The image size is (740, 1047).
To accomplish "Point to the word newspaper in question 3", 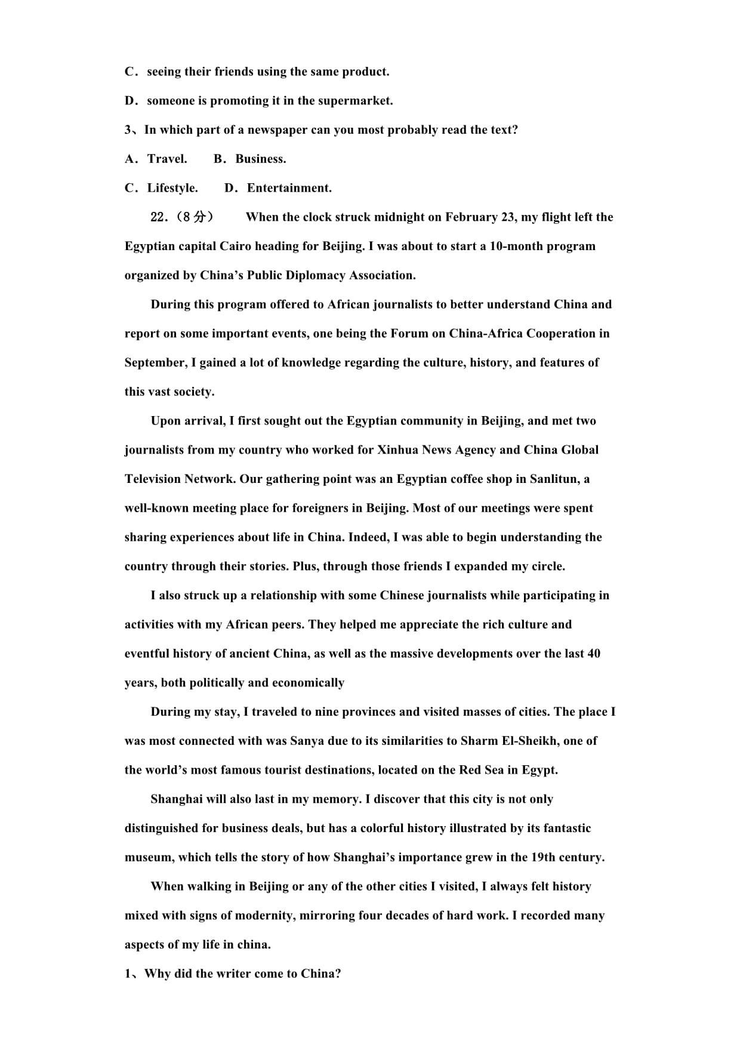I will pyautogui.click(x=277, y=130).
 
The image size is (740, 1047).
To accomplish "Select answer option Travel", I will pyautogui.click(x=167, y=159).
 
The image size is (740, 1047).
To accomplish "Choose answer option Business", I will pyautogui.click(x=260, y=159).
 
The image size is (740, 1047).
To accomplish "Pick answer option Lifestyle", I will pyautogui.click(x=172, y=188).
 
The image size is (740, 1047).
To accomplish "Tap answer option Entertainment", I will pyautogui.click(x=289, y=188).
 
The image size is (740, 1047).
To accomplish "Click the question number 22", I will pyautogui.click(x=159, y=217).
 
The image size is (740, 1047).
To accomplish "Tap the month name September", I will pyautogui.click(x=155, y=363).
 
